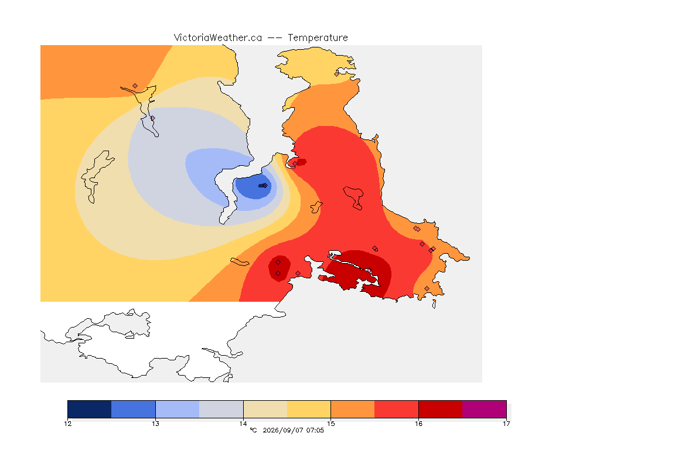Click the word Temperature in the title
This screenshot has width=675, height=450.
tap(318, 38)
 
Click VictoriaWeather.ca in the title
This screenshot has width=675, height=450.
tap(218, 38)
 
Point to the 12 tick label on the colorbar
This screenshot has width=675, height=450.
tap(67, 424)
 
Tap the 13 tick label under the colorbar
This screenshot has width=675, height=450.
tap(155, 424)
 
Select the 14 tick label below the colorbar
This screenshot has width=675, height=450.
tap(243, 424)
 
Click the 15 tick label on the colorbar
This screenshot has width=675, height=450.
tap(330, 424)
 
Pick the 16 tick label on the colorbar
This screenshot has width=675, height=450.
tap(418, 424)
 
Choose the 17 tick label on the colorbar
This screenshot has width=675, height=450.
tap(506, 424)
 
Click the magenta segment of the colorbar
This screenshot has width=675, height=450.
tap(485, 409)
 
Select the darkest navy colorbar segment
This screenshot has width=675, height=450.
tap(90, 409)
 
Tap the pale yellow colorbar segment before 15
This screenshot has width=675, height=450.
tap(309, 409)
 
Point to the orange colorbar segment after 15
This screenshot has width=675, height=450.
tap(353, 409)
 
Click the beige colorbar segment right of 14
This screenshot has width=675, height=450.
tap(265, 409)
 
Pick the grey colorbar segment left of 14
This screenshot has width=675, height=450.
tap(221, 409)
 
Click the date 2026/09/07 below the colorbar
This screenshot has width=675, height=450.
tap(282, 430)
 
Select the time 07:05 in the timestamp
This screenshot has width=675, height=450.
tap(315, 430)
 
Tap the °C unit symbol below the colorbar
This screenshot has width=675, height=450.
tap(253, 430)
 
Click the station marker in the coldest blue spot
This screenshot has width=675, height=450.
tap(265, 186)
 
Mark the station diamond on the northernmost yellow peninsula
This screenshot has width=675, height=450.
tap(337, 74)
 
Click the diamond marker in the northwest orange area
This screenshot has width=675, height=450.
tap(135, 86)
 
